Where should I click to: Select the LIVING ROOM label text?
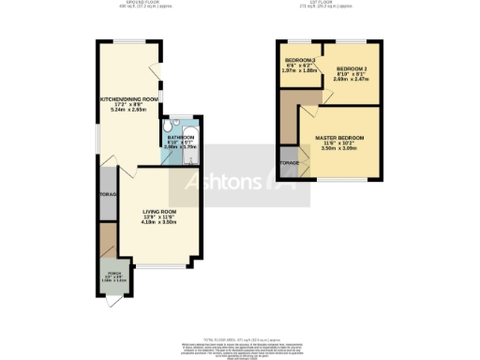(158, 213)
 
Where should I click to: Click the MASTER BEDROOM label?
(340, 138)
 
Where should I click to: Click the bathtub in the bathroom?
(190, 145)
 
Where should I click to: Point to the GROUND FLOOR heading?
(131, 4)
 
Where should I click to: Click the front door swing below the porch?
(113, 299)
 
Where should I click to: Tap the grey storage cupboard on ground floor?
(105, 196)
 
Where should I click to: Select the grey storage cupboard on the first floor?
(289, 163)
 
